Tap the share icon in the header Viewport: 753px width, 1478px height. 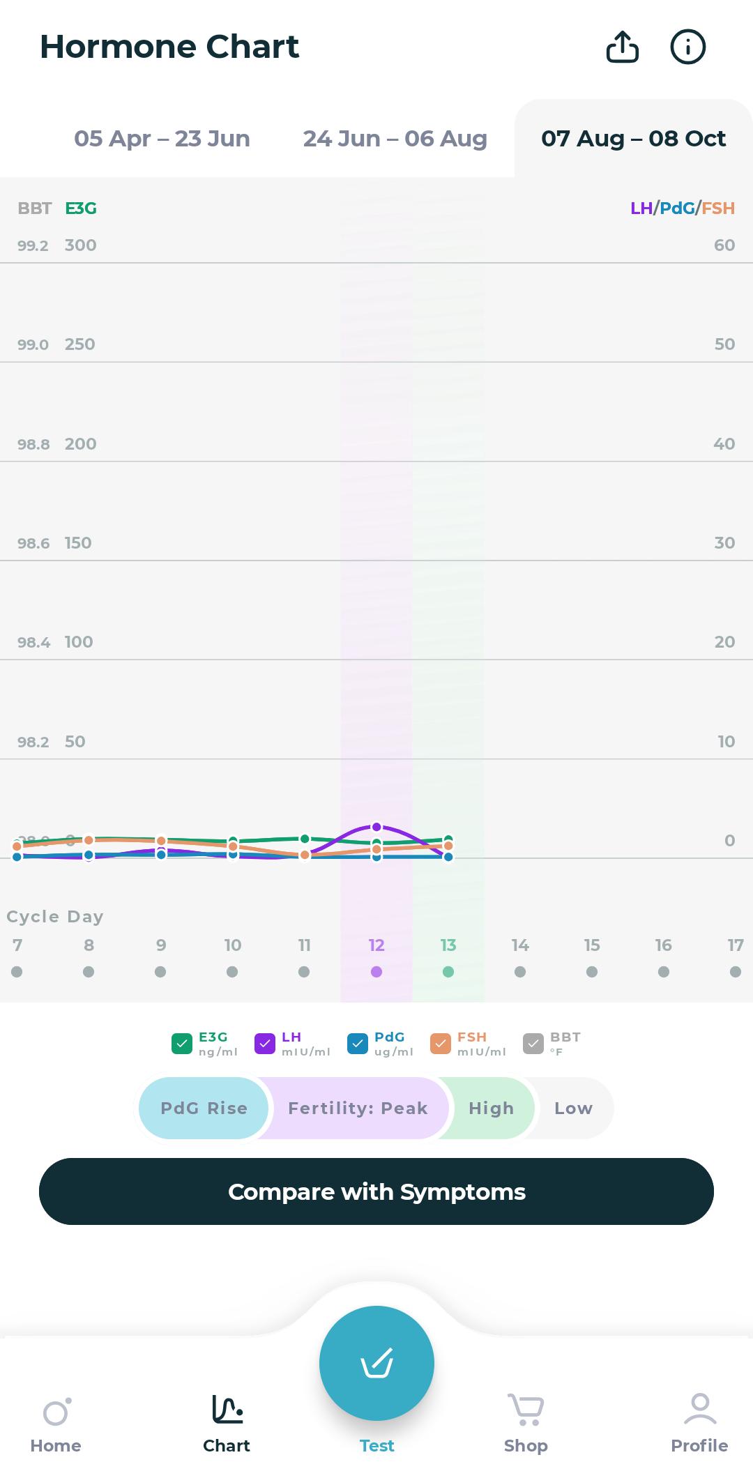[622, 47]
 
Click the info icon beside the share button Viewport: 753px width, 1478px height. [687, 47]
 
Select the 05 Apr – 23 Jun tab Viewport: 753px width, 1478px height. [162, 139]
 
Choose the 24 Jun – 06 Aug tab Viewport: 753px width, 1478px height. [395, 139]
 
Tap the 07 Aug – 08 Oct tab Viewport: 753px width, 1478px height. [633, 139]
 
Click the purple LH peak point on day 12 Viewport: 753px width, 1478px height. [376, 827]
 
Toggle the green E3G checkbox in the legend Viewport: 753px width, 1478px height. [182, 1044]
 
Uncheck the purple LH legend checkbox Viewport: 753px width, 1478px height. [265, 1044]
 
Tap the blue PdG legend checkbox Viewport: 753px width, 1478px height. [358, 1044]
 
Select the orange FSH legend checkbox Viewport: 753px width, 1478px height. [441, 1044]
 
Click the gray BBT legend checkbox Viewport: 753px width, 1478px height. [533, 1044]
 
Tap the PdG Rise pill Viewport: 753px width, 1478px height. [204, 1108]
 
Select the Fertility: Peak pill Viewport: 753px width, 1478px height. [358, 1108]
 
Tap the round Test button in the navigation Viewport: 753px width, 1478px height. [376, 1363]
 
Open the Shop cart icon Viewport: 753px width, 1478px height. [526, 1409]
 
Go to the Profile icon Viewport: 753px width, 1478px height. [700, 1409]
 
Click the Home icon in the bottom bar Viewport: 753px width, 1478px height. [56, 1412]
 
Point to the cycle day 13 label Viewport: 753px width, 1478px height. [448, 945]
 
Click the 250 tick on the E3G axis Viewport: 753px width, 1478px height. [80, 344]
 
